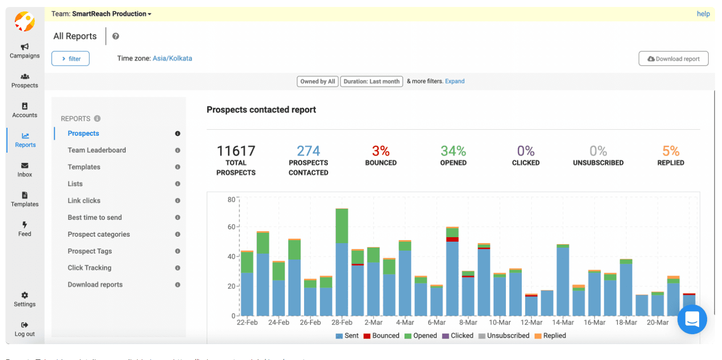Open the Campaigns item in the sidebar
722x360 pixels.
click(24, 50)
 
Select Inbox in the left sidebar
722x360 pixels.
click(25, 170)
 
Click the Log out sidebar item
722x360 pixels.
click(25, 329)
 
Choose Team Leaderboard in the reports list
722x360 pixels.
click(97, 150)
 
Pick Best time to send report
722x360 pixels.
click(94, 217)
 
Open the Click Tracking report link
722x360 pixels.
click(89, 268)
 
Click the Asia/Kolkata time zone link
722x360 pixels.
click(172, 58)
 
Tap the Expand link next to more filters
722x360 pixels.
click(455, 81)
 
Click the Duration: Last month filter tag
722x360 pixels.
click(371, 82)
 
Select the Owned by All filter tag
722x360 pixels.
click(318, 82)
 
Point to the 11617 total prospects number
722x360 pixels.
click(236, 151)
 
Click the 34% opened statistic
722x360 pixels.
click(453, 151)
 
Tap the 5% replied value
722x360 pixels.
click(670, 151)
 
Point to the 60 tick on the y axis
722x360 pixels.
click(231, 227)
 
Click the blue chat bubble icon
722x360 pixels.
click(692, 319)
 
